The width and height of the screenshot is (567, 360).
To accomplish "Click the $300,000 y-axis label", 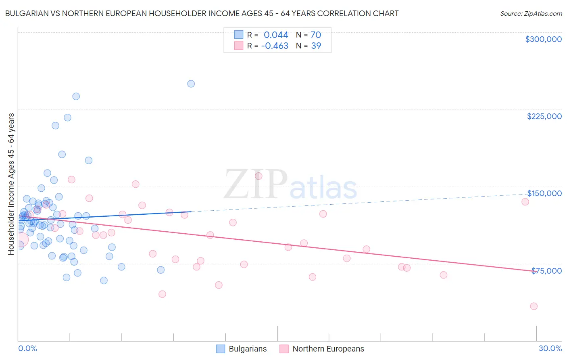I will tap(543, 39).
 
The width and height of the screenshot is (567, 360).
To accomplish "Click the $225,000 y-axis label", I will tap(544, 116).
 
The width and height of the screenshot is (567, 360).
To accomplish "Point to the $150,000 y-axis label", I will tap(544, 193).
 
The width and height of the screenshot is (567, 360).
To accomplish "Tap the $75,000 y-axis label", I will tap(546, 271).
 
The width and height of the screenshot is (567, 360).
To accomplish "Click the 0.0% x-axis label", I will tap(27, 348).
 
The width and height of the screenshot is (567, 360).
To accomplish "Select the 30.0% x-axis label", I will tap(550, 348).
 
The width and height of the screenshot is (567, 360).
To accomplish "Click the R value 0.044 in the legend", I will tap(276, 35).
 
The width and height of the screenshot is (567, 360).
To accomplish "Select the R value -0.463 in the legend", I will tap(275, 46).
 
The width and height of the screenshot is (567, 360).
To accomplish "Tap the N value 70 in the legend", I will tap(316, 35).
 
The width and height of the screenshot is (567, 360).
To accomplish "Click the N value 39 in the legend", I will tap(316, 46).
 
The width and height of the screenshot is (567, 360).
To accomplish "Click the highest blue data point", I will tap(191, 84).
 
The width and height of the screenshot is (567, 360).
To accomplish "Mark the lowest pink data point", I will tap(534, 306).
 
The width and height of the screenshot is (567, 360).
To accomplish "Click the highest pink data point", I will tap(258, 176).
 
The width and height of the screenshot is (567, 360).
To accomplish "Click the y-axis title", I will tap(11, 184).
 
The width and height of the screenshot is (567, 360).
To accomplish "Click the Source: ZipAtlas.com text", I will tap(531, 14).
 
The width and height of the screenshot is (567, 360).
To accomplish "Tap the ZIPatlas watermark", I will tap(290, 185).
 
